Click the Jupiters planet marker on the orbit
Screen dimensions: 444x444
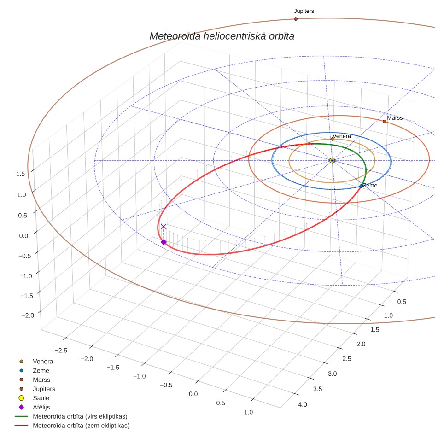295,19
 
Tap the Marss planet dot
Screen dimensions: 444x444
384,122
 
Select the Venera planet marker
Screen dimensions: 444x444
333,139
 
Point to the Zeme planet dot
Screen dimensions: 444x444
361,186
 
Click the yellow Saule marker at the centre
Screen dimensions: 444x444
332,161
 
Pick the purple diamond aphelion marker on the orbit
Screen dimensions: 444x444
164,242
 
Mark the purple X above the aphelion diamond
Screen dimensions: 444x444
164,227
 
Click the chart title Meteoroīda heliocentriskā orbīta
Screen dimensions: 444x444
222,36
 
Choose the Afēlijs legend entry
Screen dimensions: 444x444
41,407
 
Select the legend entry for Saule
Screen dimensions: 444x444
41,398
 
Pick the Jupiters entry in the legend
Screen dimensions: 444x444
44,389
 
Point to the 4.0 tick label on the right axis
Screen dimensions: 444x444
303,404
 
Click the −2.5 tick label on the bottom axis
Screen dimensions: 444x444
61,351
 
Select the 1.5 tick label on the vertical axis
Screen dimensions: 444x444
20,174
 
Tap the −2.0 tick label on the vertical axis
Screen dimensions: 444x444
28,315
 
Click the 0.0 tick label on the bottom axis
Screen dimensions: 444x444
193,394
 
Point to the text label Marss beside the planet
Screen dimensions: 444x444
395,118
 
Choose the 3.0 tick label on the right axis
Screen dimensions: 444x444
333,374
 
